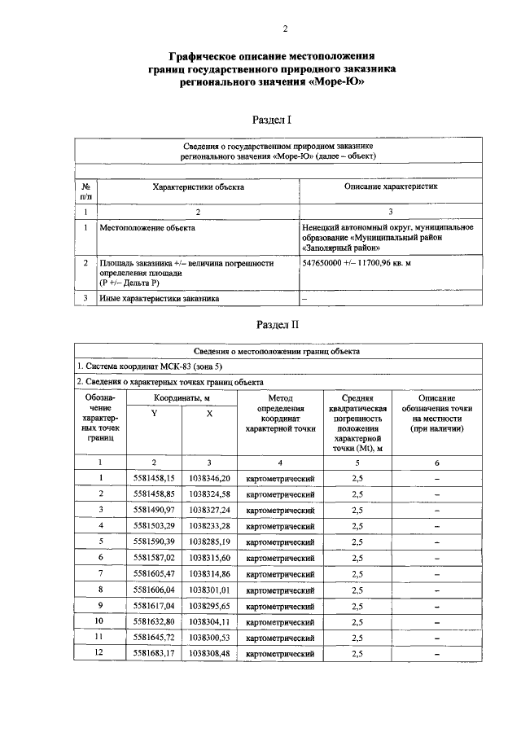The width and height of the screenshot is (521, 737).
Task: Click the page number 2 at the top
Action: pos(285,30)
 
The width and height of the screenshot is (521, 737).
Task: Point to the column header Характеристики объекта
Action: pos(198,186)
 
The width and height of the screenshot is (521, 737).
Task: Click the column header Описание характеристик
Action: pos(392,186)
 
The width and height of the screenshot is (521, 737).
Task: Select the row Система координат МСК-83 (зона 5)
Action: pos(148,366)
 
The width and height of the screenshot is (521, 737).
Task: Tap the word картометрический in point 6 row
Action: pos(279,558)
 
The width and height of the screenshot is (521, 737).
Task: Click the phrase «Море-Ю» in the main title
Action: pos(334,82)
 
